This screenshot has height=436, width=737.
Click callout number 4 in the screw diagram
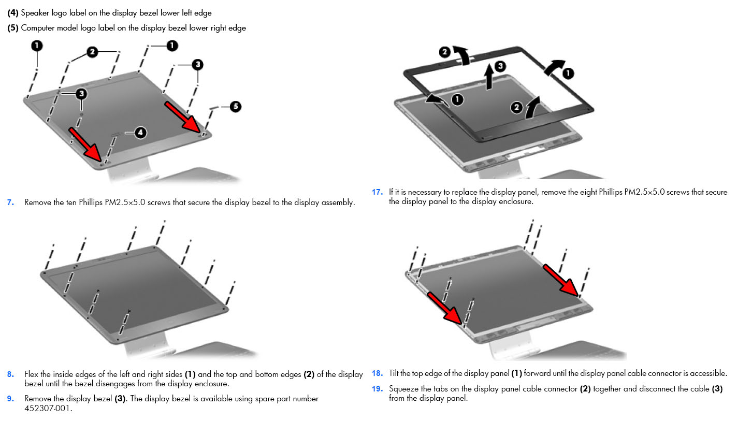tap(140, 133)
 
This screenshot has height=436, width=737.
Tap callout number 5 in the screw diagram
tap(235, 107)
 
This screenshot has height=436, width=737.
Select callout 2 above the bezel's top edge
tap(445, 52)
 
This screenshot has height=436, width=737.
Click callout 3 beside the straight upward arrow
tap(500, 66)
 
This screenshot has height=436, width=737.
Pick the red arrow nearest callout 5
tap(182, 117)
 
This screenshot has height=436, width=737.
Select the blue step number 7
tap(10, 202)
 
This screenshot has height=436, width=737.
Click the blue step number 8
tap(10, 374)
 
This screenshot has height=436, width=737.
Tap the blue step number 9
tap(10, 399)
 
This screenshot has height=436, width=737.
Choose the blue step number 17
tap(377, 192)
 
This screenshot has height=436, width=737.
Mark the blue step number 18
tap(377, 373)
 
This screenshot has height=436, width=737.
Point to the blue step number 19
tap(377, 389)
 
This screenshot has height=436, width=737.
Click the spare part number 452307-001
tap(48, 408)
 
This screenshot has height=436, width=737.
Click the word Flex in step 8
tap(31, 374)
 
